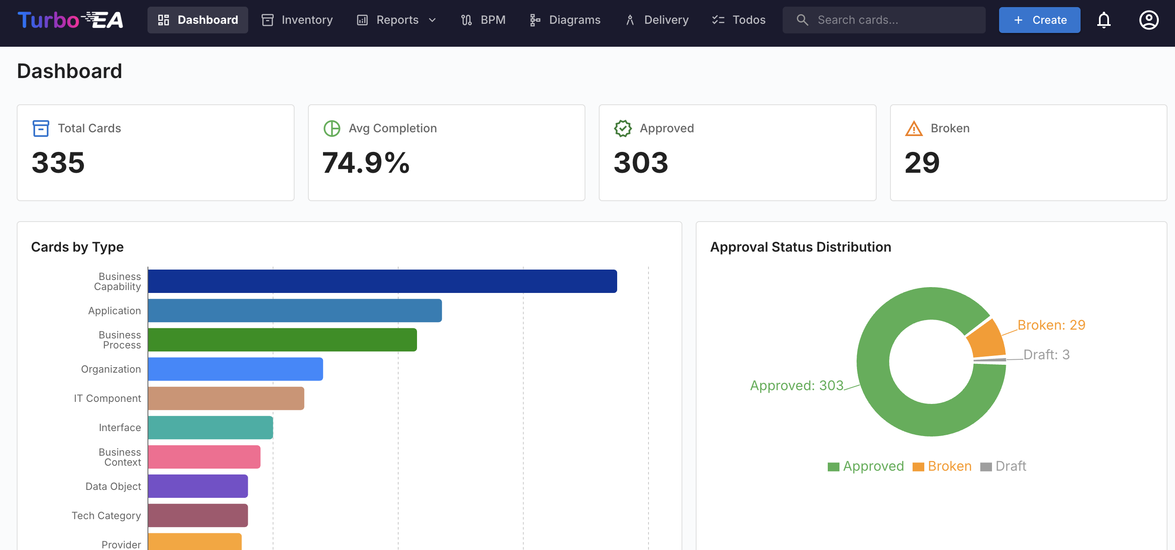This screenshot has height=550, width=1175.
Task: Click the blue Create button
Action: pos(1039,20)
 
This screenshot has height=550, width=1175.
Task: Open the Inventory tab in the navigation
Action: pos(297,20)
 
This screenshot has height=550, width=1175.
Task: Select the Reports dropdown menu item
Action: pos(397,20)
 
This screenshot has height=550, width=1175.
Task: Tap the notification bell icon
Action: pos(1104,20)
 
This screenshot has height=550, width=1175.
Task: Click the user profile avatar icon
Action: pos(1148,20)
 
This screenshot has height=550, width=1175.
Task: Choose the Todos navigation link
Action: pos(739,20)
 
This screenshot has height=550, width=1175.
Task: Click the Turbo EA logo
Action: pos(70,20)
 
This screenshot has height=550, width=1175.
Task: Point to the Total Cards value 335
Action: pos(58,163)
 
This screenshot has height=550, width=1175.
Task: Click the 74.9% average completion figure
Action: pos(366,163)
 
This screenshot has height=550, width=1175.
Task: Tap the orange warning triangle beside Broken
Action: pos(914,129)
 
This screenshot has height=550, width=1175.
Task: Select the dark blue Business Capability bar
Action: pos(382,281)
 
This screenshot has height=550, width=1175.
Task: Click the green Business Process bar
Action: pos(282,340)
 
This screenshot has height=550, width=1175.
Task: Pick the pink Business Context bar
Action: pos(204,457)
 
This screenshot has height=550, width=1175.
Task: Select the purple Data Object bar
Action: pos(198,486)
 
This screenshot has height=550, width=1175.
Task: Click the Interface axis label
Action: pos(120,427)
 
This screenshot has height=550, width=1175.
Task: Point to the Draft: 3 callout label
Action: pos(1046,355)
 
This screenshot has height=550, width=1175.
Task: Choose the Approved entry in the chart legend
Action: pos(865,466)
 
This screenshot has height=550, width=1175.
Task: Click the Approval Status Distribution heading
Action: pos(800,247)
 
